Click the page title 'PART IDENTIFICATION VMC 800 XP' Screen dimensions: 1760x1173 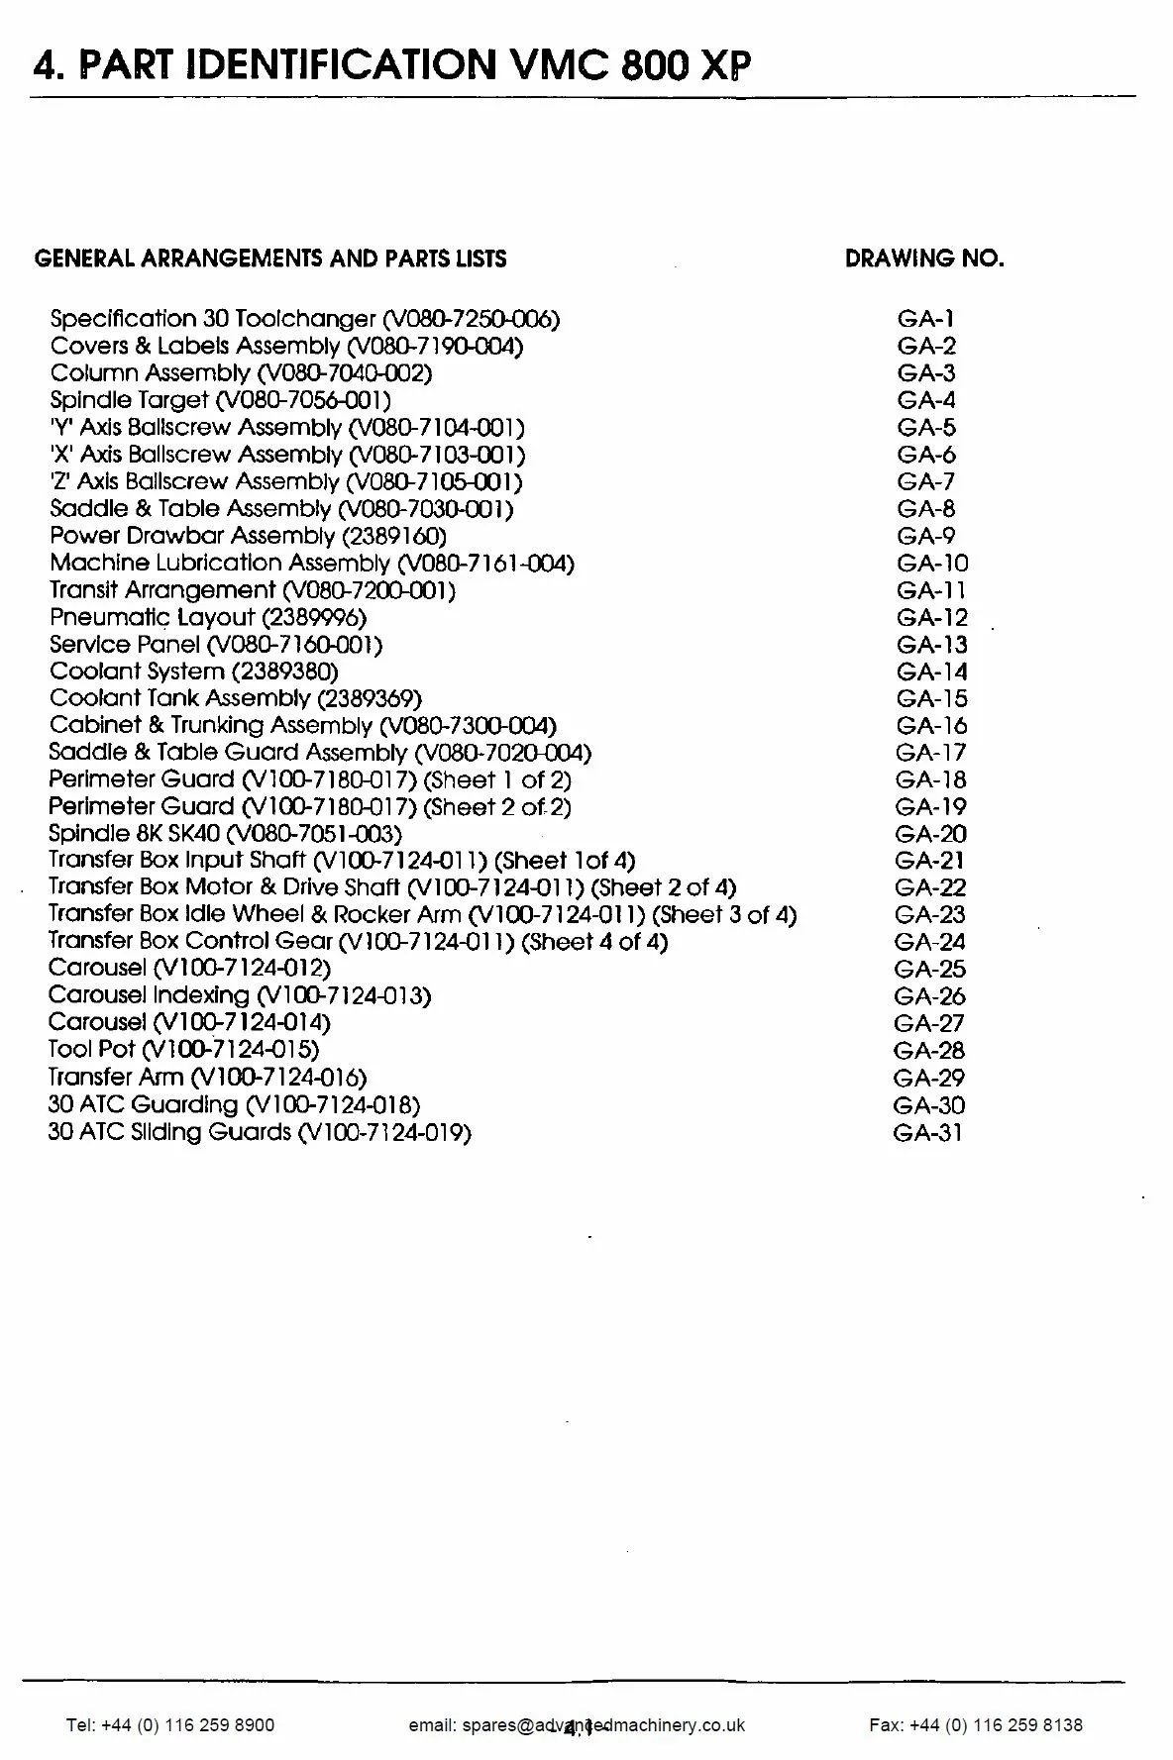coord(391,64)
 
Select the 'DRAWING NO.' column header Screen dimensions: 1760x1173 coord(923,259)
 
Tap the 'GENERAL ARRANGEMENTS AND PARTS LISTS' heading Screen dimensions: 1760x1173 coord(270,259)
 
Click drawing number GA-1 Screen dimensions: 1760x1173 coord(925,319)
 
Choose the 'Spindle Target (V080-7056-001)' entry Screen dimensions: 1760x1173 coord(220,400)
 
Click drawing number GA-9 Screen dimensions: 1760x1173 coord(926,536)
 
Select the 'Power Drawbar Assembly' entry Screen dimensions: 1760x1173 coord(248,536)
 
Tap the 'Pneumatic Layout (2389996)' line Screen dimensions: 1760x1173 coord(207,617)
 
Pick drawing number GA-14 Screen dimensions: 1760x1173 coord(931,672)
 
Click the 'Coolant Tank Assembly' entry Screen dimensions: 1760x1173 coord(235,698)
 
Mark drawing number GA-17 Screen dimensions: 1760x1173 coord(930,753)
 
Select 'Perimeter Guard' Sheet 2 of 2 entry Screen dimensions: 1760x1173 coord(309,807)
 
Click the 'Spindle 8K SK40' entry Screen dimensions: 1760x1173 coord(225,834)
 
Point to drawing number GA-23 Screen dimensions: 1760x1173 coord(929,915)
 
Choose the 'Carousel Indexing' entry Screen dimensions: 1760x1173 coord(239,995)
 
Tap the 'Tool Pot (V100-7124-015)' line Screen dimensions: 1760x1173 coord(183,1049)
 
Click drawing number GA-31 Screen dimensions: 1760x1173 coord(927,1132)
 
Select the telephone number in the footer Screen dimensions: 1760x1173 coord(170,1724)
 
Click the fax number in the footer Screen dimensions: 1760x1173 coord(975,1724)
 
